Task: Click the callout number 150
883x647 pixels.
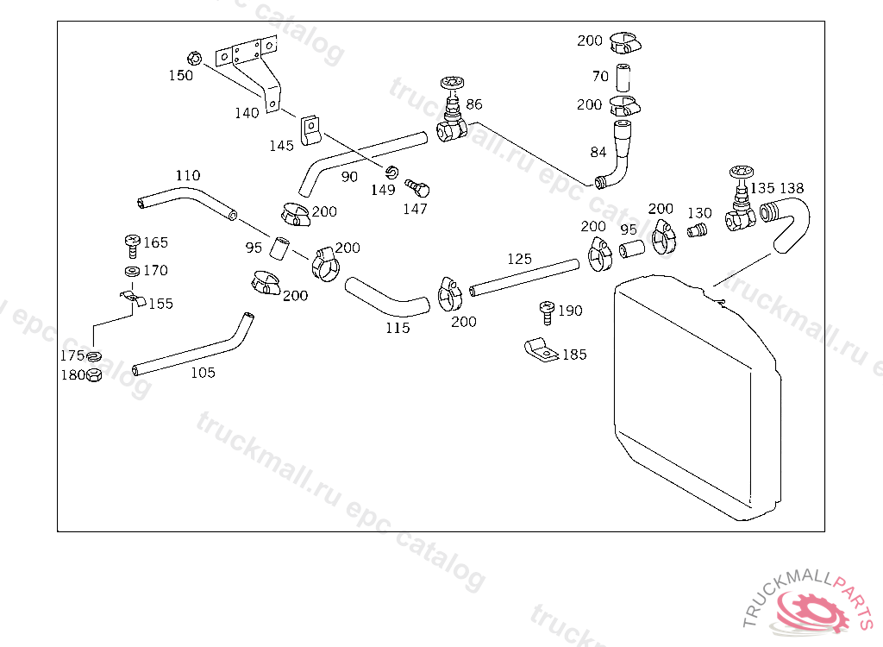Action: (181, 76)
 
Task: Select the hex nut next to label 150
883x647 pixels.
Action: (194, 58)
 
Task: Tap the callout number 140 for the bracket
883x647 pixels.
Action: (247, 113)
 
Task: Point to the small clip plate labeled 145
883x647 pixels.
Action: (310, 130)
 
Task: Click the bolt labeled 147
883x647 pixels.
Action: (417, 188)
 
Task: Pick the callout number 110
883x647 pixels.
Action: (187, 175)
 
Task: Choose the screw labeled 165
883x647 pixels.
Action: (132, 246)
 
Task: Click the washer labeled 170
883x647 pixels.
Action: (132, 272)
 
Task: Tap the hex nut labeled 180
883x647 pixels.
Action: (94, 374)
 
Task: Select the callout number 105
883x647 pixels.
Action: (203, 373)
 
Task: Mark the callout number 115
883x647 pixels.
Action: (398, 328)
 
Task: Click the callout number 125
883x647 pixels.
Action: (519, 259)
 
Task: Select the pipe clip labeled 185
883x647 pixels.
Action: (542, 350)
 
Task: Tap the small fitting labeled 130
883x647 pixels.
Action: (697, 230)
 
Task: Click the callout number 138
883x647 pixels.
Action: (792, 188)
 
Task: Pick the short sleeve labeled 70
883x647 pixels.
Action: (623, 78)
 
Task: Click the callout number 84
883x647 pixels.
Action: (598, 152)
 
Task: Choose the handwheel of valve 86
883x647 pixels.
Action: (452, 82)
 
